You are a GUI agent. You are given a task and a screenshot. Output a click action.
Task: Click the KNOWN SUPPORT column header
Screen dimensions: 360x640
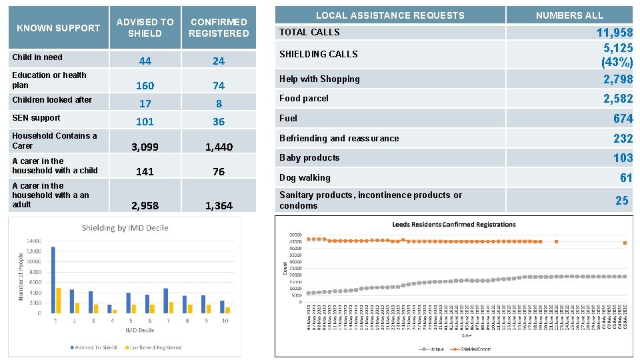click(x=58, y=28)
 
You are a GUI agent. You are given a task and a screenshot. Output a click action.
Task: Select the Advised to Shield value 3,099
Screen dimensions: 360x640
click(x=145, y=147)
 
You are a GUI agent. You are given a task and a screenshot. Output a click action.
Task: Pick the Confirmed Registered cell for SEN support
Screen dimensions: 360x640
click(x=219, y=121)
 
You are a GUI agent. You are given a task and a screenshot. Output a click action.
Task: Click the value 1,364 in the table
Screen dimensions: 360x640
click(x=219, y=205)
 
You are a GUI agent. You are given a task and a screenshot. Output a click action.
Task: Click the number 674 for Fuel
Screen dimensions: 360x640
click(x=623, y=118)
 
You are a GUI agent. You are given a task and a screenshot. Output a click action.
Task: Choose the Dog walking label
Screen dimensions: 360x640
click(x=305, y=177)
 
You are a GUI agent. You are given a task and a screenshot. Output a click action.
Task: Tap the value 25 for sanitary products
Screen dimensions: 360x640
click(x=621, y=200)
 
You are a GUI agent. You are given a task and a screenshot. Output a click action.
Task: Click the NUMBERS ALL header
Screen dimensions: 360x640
click(x=569, y=15)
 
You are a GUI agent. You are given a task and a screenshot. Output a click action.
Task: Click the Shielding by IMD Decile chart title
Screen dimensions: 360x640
click(x=125, y=228)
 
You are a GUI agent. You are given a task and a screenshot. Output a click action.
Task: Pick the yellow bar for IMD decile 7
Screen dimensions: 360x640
click(x=171, y=307)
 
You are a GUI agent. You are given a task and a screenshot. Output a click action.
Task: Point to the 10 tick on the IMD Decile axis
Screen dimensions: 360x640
click(x=226, y=321)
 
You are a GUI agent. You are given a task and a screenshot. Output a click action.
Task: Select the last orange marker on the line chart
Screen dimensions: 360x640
click(x=625, y=243)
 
